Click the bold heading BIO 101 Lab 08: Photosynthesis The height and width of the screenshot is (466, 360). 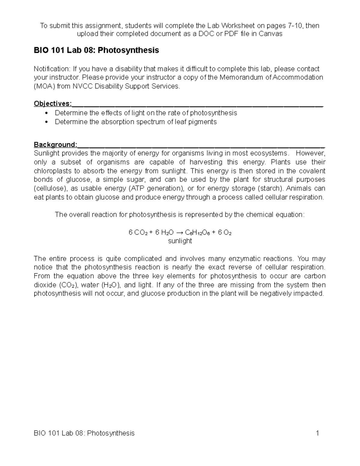[x=96, y=50]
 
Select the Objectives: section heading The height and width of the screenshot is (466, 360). [x=53, y=104]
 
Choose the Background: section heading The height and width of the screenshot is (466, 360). [x=55, y=145]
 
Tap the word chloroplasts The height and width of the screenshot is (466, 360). [x=53, y=171]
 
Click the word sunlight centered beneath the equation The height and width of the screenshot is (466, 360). [x=180, y=241]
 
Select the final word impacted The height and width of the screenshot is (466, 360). [x=311, y=293]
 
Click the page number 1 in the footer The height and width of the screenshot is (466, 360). [x=317, y=433]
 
